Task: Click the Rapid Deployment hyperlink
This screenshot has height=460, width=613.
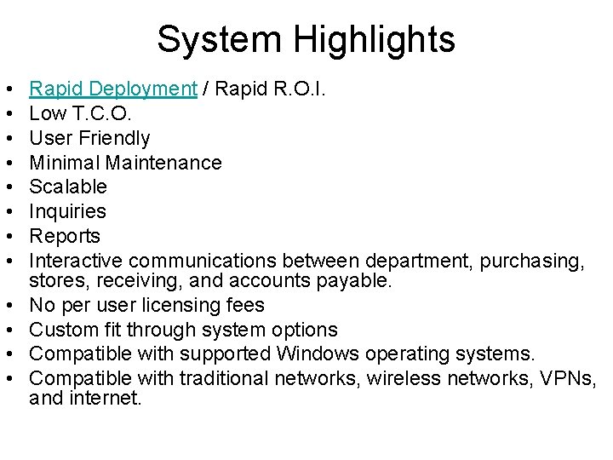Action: [112, 89]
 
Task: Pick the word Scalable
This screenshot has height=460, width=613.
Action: [68, 187]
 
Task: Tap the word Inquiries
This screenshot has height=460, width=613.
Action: [67, 211]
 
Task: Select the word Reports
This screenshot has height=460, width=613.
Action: [65, 236]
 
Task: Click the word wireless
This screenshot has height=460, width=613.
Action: [399, 378]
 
